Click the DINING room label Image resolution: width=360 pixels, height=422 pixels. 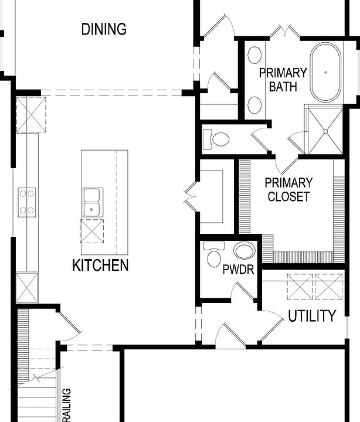(x=104, y=29)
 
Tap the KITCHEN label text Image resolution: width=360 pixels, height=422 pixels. (x=100, y=266)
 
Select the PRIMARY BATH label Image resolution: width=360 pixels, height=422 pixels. (x=283, y=80)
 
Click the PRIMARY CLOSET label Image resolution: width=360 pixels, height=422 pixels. (x=288, y=189)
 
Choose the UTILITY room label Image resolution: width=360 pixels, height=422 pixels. (x=312, y=316)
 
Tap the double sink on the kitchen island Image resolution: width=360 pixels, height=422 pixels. (x=93, y=202)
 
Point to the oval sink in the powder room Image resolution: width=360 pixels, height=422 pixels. (x=244, y=251)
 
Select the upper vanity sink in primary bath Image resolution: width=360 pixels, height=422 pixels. (x=254, y=56)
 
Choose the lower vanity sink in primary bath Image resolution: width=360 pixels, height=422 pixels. (x=254, y=104)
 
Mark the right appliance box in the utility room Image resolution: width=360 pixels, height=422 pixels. (x=328, y=285)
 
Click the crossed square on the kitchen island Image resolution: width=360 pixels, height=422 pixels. (x=91, y=231)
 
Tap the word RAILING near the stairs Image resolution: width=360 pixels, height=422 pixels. (x=66, y=404)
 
